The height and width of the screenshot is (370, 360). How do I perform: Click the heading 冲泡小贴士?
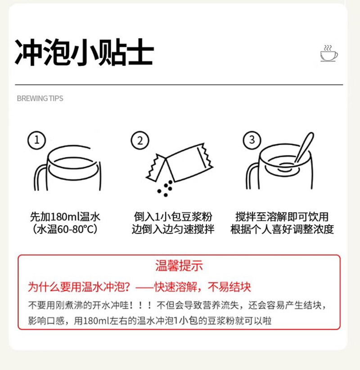coord(84,52)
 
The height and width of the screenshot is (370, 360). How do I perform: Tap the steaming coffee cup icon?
coord(329,53)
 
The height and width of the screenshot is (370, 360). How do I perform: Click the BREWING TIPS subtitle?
coord(40,98)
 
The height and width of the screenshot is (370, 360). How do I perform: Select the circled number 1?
coord(37,140)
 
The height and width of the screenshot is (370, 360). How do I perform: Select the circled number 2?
coord(140,140)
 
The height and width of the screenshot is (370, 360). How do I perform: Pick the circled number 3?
coord(252,140)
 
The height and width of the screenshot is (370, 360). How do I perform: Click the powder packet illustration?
coord(180,163)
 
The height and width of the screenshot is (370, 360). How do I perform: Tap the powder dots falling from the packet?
coord(165,188)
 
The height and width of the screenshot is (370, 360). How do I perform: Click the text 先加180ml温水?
coord(65,217)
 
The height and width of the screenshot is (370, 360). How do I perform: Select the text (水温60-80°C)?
coord(65,229)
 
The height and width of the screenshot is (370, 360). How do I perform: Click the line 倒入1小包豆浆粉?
coord(173,217)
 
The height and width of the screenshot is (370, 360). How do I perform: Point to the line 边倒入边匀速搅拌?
coord(173,229)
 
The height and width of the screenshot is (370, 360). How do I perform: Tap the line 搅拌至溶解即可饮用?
coord(282,217)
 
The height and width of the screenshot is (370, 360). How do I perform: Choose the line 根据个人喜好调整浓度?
coord(282,229)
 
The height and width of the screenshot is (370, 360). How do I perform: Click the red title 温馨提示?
coord(179,266)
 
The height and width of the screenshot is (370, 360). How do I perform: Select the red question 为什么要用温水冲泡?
coord(79,287)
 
